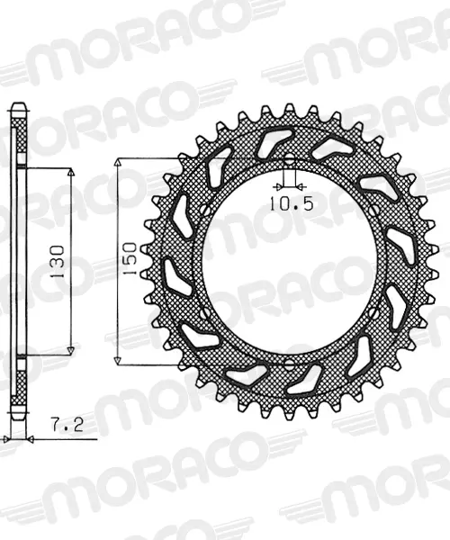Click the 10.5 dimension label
pos(291,203)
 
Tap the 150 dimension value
pos(130,258)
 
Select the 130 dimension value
pos(57,262)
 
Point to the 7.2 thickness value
pos(67,424)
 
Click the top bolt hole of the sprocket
pos(289,159)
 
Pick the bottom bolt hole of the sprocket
pos(289,363)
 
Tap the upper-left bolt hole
pos(204,210)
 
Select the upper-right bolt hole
pos(373,210)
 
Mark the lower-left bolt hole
pos(204,312)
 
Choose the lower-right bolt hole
pos(373,312)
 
